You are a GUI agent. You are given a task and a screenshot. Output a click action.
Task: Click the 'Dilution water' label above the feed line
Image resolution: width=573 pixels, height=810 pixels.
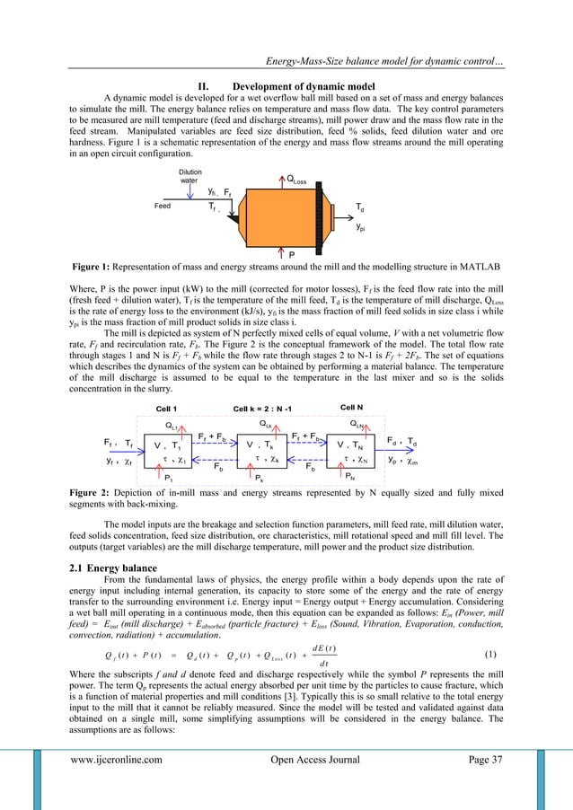click(190, 175)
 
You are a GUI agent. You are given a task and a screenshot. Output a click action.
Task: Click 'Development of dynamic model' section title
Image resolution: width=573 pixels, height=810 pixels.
click(286, 86)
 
